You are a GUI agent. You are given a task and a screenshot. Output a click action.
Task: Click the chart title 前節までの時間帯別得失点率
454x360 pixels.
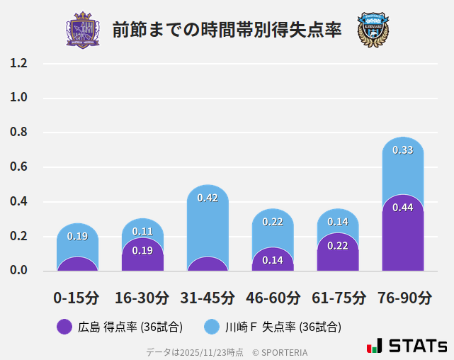click(227, 30)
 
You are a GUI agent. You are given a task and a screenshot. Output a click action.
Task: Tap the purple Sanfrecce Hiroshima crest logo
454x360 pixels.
click(83, 30)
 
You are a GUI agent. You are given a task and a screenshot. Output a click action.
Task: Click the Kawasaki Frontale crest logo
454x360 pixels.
click(373, 30)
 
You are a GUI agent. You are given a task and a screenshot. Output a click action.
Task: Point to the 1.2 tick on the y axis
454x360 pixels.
click(18, 64)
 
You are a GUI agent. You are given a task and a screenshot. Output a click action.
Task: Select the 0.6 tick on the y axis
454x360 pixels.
click(18, 167)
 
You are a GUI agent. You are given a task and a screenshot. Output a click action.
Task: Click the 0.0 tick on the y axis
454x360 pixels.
click(18, 270)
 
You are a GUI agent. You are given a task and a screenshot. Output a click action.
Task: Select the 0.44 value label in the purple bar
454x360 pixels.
click(403, 208)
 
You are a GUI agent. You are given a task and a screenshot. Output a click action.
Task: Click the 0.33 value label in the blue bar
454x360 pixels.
click(403, 150)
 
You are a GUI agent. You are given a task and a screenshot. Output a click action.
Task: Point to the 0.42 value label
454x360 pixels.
click(208, 198)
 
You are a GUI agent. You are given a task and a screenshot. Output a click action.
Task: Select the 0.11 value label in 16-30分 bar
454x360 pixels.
click(142, 231)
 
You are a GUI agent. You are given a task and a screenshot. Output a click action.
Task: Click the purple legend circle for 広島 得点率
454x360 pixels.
click(64, 327)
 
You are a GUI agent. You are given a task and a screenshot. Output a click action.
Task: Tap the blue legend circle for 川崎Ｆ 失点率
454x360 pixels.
click(212, 327)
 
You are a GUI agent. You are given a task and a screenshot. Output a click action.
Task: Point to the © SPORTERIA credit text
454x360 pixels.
click(280, 351)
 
